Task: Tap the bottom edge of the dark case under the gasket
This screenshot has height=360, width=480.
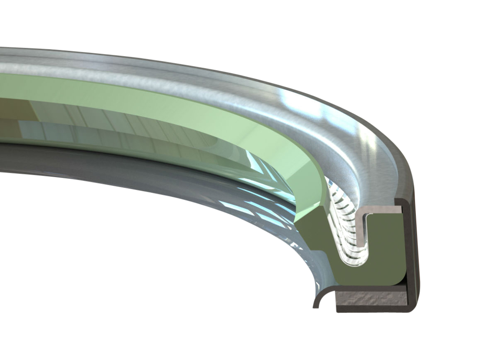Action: point(372,309)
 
